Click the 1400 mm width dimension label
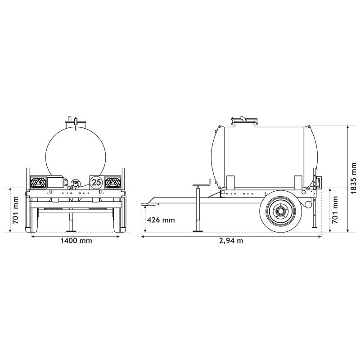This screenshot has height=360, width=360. click(76, 241)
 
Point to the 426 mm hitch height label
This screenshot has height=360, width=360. click(161, 220)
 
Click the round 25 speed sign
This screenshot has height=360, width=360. click(96, 182)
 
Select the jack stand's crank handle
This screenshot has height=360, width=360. click(202, 184)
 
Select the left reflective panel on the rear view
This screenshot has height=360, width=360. click(38, 182)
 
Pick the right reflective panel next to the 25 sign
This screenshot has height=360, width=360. click(112, 182)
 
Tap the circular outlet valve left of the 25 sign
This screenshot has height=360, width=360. click(75, 183)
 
